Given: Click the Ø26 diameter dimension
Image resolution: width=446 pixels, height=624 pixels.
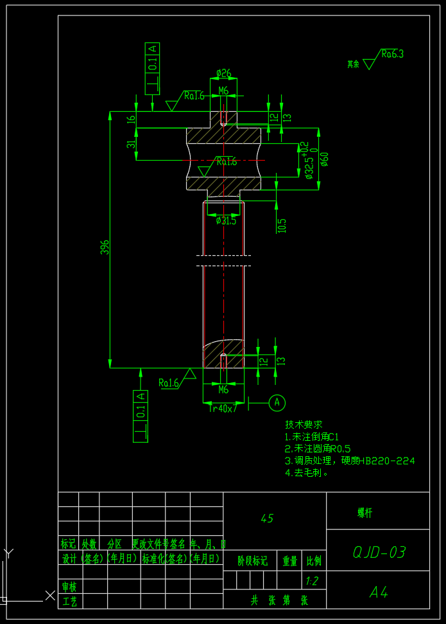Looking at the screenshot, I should [x=223, y=73].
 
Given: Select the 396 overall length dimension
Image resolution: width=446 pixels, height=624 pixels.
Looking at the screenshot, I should [x=105, y=247].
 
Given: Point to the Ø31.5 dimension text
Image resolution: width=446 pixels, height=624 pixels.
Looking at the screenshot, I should [x=226, y=220].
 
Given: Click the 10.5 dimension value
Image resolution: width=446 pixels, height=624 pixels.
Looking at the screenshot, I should [x=282, y=226].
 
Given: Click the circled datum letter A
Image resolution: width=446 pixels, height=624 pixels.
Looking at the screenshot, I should [x=277, y=402].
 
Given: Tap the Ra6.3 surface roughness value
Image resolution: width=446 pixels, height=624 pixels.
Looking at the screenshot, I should [x=392, y=54].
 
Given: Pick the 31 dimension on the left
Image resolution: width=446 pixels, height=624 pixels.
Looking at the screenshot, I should [x=131, y=145].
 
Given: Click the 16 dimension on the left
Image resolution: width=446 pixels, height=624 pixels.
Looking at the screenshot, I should [x=131, y=120].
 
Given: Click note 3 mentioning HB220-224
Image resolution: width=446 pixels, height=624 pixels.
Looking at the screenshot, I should [x=350, y=461].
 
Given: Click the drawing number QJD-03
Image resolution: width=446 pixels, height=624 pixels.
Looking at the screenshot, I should [x=379, y=552].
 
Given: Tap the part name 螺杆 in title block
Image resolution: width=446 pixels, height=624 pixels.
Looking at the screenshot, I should [x=365, y=513].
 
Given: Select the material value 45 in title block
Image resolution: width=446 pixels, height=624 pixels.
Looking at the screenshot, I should [x=268, y=519].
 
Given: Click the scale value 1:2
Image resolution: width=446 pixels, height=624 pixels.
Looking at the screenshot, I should [x=313, y=581].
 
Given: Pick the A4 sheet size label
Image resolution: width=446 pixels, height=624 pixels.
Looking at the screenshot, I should [x=379, y=593].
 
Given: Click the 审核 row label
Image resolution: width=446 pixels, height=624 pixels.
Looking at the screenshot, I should [x=69, y=587].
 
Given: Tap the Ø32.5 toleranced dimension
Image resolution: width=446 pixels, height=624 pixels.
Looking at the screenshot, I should [x=309, y=160].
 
